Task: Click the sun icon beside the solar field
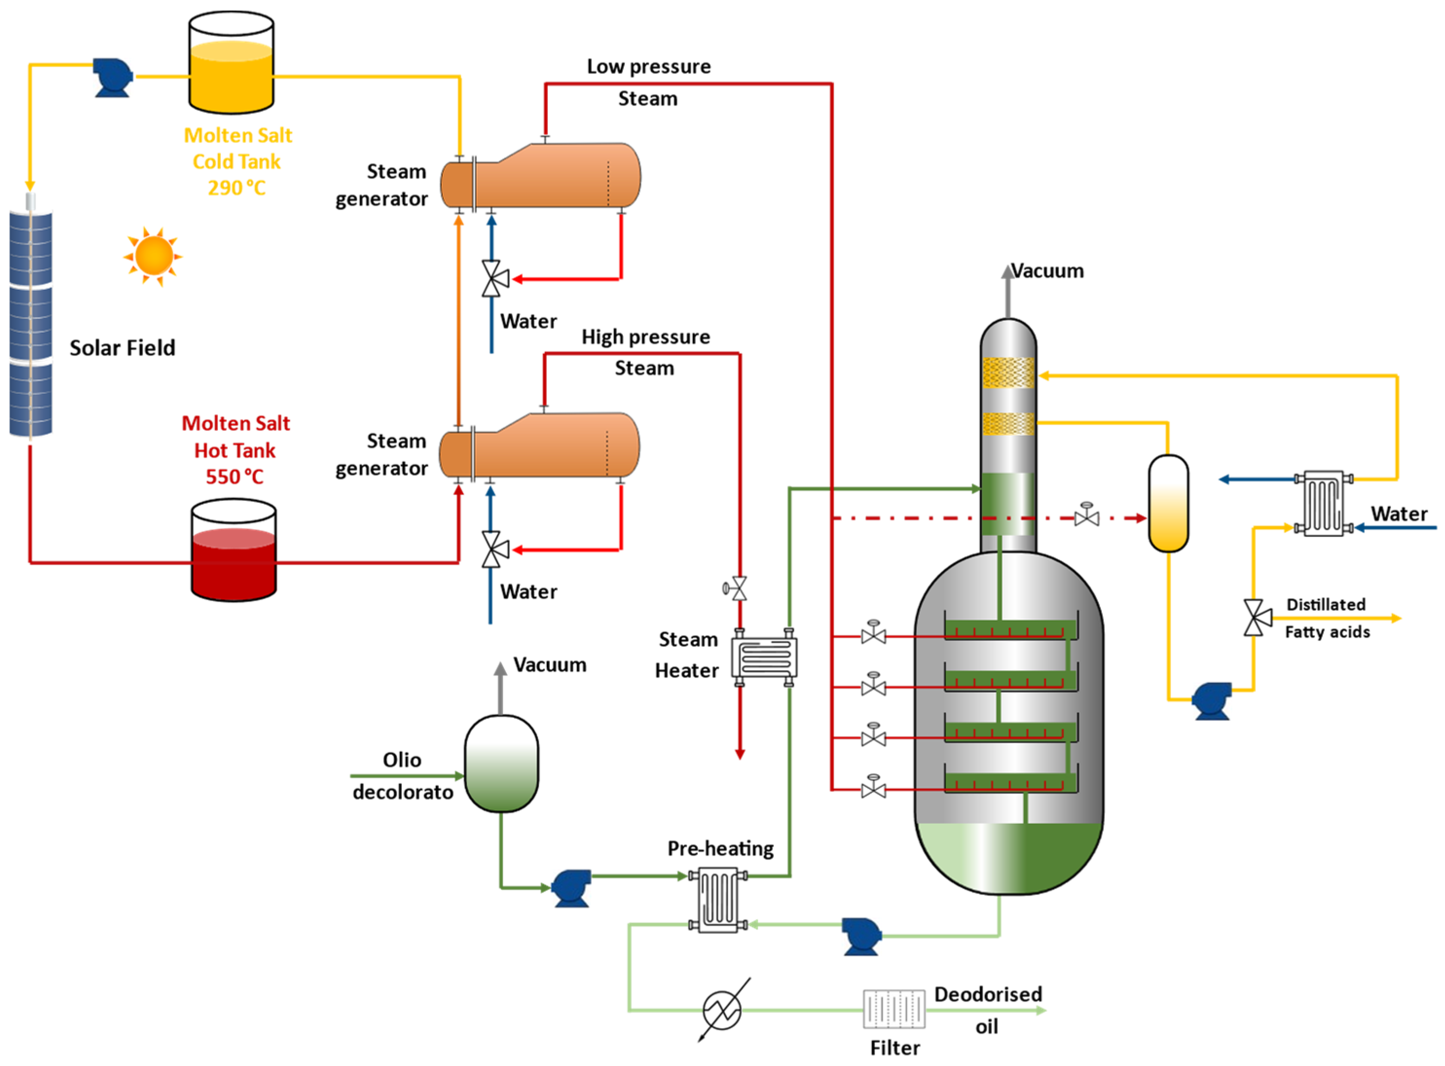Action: (x=153, y=256)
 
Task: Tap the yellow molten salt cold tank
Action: (x=231, y=63)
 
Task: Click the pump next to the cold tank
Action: (x=112, y=77)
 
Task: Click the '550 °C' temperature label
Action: (x=235, y=477)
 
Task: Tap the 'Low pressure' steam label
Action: (x=649, y=67)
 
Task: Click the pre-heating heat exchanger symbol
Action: (x=718, y=900)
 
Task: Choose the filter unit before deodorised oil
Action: (x=894, y=1009)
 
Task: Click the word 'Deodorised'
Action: (x=988, y=995)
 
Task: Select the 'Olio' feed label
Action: (x=401, y=760)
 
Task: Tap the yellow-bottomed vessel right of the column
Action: (x=1168, y=503)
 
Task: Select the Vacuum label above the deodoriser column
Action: (x=1048, y=271)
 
